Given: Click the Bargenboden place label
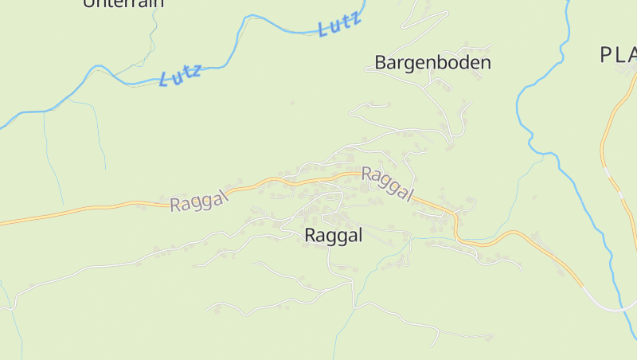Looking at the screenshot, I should coord(432,62).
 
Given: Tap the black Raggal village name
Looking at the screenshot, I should coord(334,235).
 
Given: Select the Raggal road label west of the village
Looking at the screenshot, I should coord(199,199).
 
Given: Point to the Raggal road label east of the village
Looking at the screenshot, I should coord(388,184).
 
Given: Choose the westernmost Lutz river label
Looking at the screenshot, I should coord(180,75).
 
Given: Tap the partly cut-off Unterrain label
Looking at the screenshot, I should coord(123,3).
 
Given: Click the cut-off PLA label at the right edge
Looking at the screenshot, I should coord(618,54).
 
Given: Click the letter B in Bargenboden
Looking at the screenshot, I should coord(381,62).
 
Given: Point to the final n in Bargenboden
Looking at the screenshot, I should coord(485,62).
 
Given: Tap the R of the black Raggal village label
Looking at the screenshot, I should coord(311,235).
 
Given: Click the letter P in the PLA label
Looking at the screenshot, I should coord(606,54).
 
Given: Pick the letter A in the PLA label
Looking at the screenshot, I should coord(631,54).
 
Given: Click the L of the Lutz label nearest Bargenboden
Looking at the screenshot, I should coord(323,31).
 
